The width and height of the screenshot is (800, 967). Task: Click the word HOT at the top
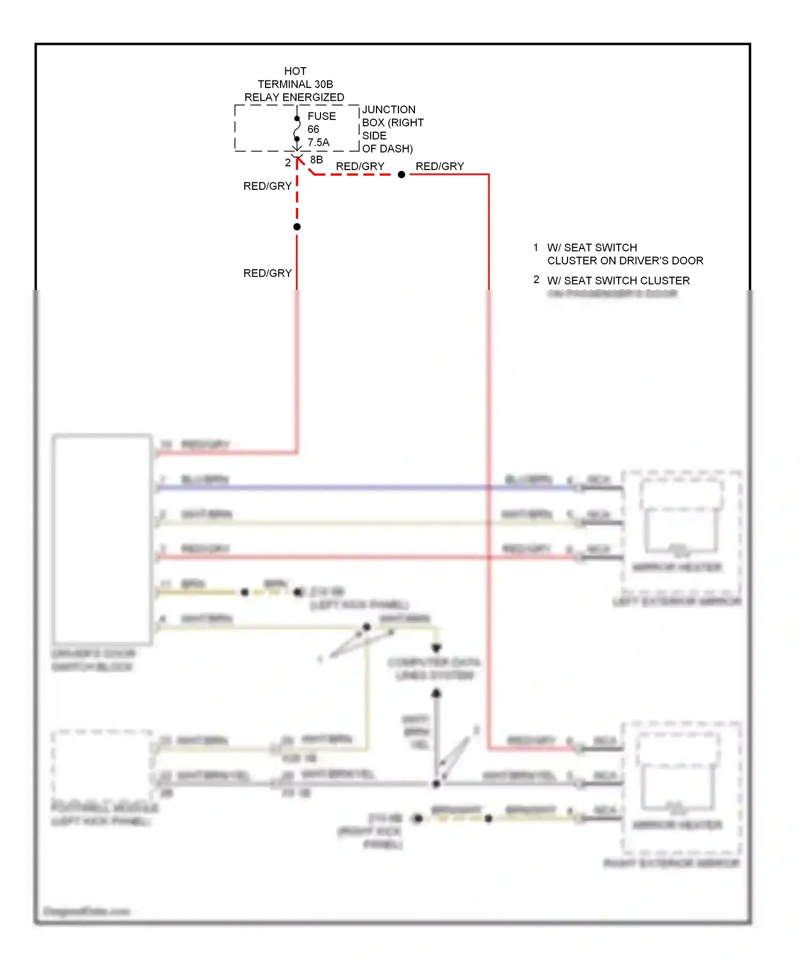[295, 71]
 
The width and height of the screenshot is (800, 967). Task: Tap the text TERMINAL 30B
[295, 84]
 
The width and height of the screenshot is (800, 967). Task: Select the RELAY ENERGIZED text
[294, 98]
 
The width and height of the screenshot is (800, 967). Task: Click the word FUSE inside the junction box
[322, 116]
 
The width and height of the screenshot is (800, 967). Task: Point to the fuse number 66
[313, 130]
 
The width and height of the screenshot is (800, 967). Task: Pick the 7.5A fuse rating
[318, 142]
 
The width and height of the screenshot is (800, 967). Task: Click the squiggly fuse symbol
[297, 128]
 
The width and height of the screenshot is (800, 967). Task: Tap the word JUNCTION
[389, 110]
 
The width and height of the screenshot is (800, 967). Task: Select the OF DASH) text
[387, 149]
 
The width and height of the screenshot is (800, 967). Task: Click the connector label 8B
[316, 160]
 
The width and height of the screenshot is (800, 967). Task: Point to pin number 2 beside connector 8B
[287, 163]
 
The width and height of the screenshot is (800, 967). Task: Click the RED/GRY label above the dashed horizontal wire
[360, 166]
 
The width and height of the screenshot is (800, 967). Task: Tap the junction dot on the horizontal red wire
[402, 174]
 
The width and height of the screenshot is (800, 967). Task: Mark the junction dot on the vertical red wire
[297, 227]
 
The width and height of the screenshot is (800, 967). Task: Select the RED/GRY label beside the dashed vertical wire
[267, 186]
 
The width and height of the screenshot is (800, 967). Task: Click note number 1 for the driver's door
[535, 247]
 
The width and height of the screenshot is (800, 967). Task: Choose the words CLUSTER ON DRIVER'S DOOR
[625, 261]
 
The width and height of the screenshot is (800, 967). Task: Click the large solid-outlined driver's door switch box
[102, 539]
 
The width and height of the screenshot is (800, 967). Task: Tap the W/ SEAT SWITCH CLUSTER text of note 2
[618, 280]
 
